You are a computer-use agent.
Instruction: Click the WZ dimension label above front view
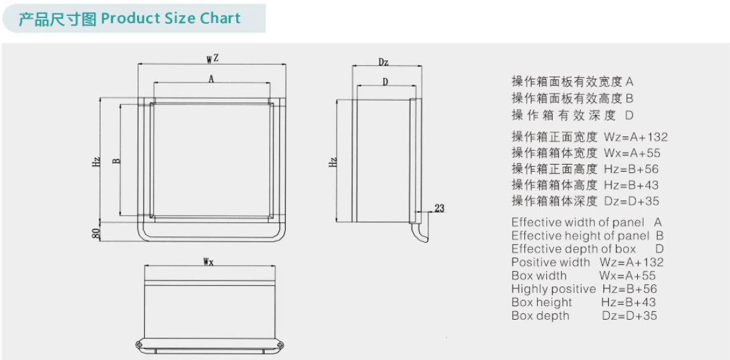tap(213, 59)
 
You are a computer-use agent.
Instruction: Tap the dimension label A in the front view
tap(211, 79)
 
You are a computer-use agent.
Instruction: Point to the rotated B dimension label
tap(117, 161)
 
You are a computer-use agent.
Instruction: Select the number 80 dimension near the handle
tap(96, 233)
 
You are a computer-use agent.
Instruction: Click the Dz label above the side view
tap(384, 62)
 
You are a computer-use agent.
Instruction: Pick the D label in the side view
tap(385, 82)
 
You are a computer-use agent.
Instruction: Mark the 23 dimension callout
tap(439, 209)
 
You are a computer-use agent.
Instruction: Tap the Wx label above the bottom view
tap(208, 262)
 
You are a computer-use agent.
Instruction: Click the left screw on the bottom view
tap(139, 344)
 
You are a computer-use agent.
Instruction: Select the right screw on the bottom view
tap(279, 344)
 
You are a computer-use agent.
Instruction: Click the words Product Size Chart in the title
tap(171, 19)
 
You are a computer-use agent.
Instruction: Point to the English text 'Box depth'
tap(540, 316)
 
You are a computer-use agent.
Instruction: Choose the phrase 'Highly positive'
tap(553, 289)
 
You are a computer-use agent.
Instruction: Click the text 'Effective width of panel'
tap(578, 223)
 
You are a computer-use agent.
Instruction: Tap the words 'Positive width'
tap(550, 262)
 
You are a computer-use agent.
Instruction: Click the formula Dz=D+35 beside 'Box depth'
tap(629, 316)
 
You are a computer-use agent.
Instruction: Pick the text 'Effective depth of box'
tap(574, 249)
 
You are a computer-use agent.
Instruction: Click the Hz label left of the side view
tap(333, 162)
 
